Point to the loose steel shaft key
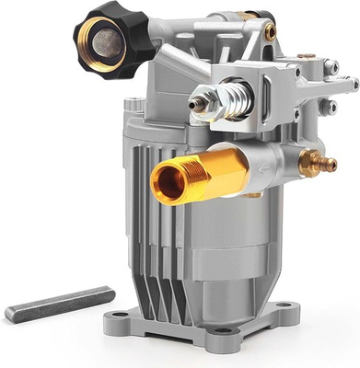coord(60,305)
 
